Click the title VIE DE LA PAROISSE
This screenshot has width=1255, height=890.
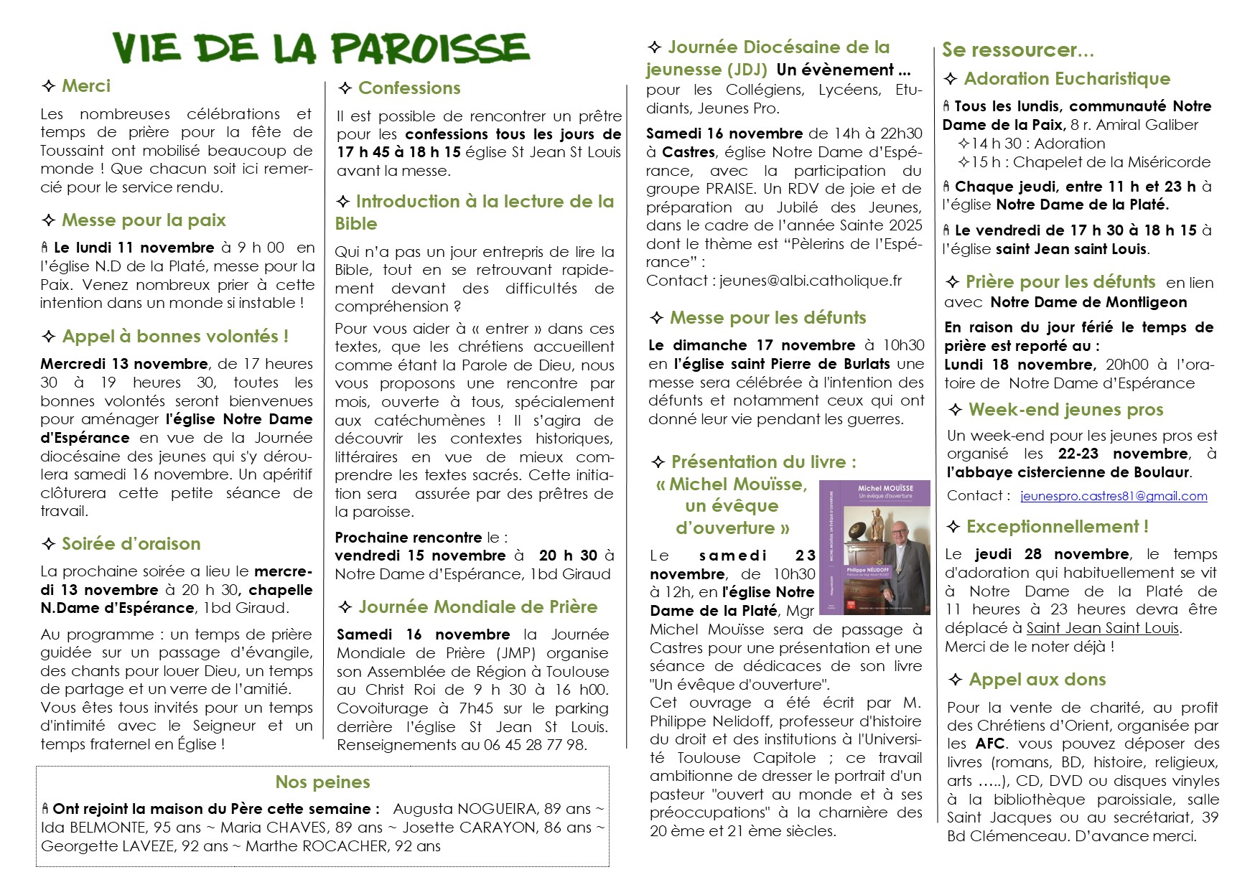[x=321, y=49]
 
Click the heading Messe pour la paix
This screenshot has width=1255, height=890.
[x=144, y=220]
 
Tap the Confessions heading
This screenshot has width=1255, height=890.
[x=409, y=88]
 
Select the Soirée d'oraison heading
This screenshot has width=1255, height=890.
[x=131, y=544]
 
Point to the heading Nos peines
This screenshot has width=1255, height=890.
[x=322, y=782]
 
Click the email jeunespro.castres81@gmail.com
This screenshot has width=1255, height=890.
[x=1114, y=496]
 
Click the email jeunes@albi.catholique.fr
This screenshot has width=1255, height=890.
[x=811, y=281]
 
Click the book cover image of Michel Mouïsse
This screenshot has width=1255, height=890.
[x=874, y=548]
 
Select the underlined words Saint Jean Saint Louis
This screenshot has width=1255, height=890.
[x=1102, y=628]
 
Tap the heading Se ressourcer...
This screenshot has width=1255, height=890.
[x=1017, y=50]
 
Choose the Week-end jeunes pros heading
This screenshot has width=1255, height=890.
[x=1065, y=410]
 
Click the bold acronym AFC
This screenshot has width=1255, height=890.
[x=990, y=744]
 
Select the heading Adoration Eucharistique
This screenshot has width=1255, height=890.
[x=1067, y=79]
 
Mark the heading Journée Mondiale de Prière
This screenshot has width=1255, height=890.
[x=477, y=607]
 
